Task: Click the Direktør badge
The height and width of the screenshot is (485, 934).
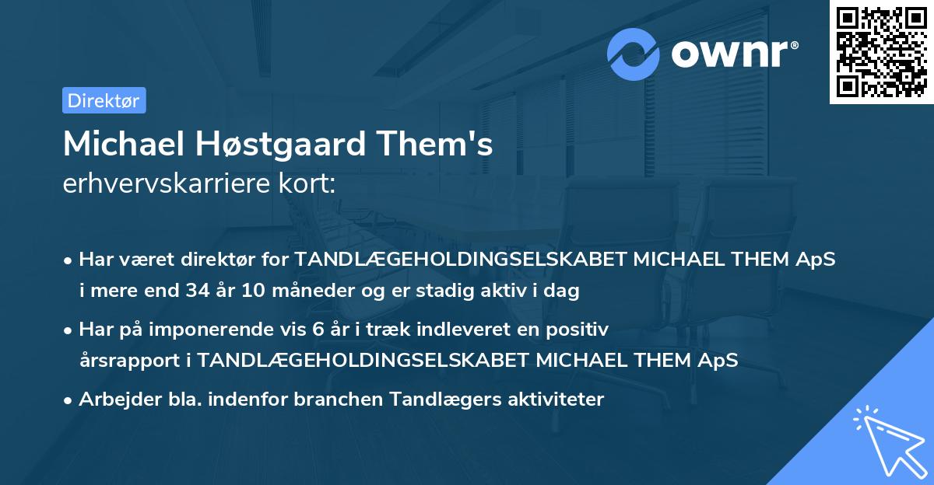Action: [104, 100]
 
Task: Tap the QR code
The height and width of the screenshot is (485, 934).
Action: [881, 52]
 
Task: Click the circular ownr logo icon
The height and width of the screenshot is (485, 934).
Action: [634, 54]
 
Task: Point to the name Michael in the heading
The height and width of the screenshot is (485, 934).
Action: [118, 145]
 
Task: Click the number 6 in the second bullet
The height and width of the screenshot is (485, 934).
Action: [317, 330]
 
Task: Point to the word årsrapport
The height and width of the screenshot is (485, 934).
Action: [125, 361]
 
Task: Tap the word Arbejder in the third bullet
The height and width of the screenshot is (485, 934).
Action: [113, 400]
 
